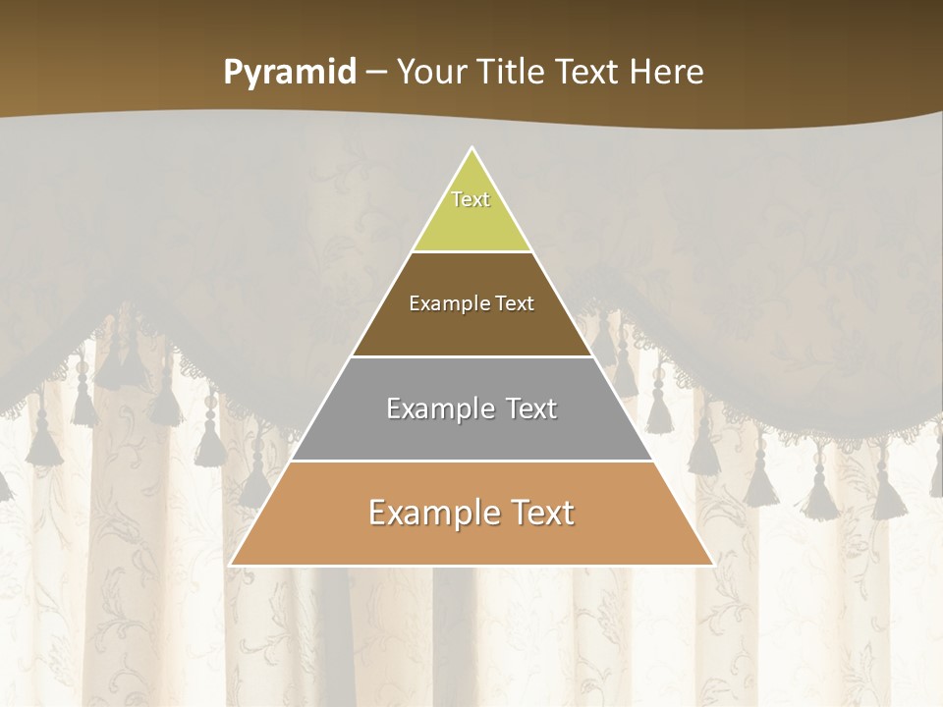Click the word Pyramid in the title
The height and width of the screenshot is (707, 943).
click(290, 73)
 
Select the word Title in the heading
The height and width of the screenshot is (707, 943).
click(513, 72)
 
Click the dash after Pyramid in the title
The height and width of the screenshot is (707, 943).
click(375, 73)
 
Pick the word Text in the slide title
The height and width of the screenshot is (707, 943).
click(587, 72)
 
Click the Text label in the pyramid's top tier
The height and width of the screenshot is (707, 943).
click(471, 199)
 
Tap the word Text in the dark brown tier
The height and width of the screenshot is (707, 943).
click(515, 303)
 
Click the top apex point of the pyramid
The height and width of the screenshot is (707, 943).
click(471, 148)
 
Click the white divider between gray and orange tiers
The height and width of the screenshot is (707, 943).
click(471, 461)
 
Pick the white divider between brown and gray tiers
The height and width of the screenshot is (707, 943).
click(471, 356)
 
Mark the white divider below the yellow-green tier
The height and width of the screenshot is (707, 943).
click(471, 251)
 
